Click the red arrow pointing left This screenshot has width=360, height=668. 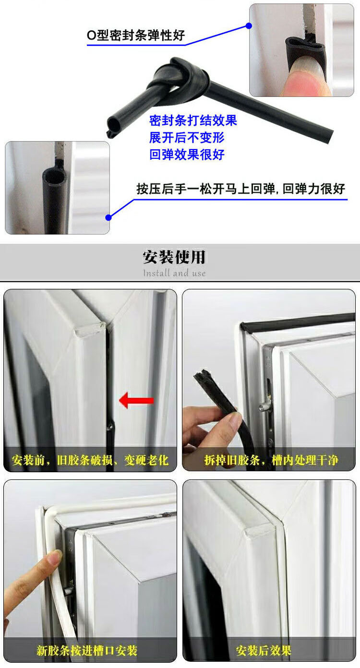click(136, 400)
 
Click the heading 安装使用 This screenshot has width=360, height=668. click(174, 257)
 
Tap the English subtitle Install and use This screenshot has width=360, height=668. click(174, 273)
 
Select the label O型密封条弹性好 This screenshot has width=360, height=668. click(136, 36)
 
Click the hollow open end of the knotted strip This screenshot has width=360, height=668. click(114, 123)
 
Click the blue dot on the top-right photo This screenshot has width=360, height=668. click(249, 26)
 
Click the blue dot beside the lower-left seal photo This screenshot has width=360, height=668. click(108, 217)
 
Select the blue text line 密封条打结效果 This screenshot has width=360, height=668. click(193, 120)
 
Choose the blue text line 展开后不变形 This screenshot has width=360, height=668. click(187, 137)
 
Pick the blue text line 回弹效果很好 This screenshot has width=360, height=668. click(187, 155)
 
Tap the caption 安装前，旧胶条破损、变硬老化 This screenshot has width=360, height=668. click(90, 460)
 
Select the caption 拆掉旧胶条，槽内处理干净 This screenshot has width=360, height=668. click(271, 460)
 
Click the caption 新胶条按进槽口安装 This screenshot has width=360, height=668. click(87, 650)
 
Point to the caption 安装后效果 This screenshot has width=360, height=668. click(264, 650)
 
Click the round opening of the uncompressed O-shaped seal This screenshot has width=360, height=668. click(54, 178)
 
